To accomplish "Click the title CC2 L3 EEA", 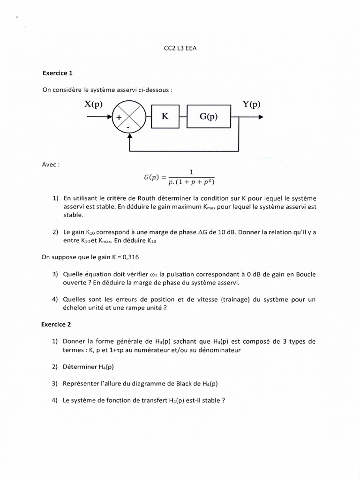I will (x=180, y=47).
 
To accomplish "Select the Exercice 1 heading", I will (x=58, y=73).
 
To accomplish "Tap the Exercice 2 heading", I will (x=58, y=324).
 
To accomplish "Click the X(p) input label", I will (x=93, y=104).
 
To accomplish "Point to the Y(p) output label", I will (x=251, y=104).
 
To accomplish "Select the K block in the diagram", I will (x=165, y=116).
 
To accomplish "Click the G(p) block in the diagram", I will (x=209, y=116).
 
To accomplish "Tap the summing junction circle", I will (x=128, y=117).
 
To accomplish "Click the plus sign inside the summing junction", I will (x=120, y=118).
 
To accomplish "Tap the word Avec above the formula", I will (x=50, y=165).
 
